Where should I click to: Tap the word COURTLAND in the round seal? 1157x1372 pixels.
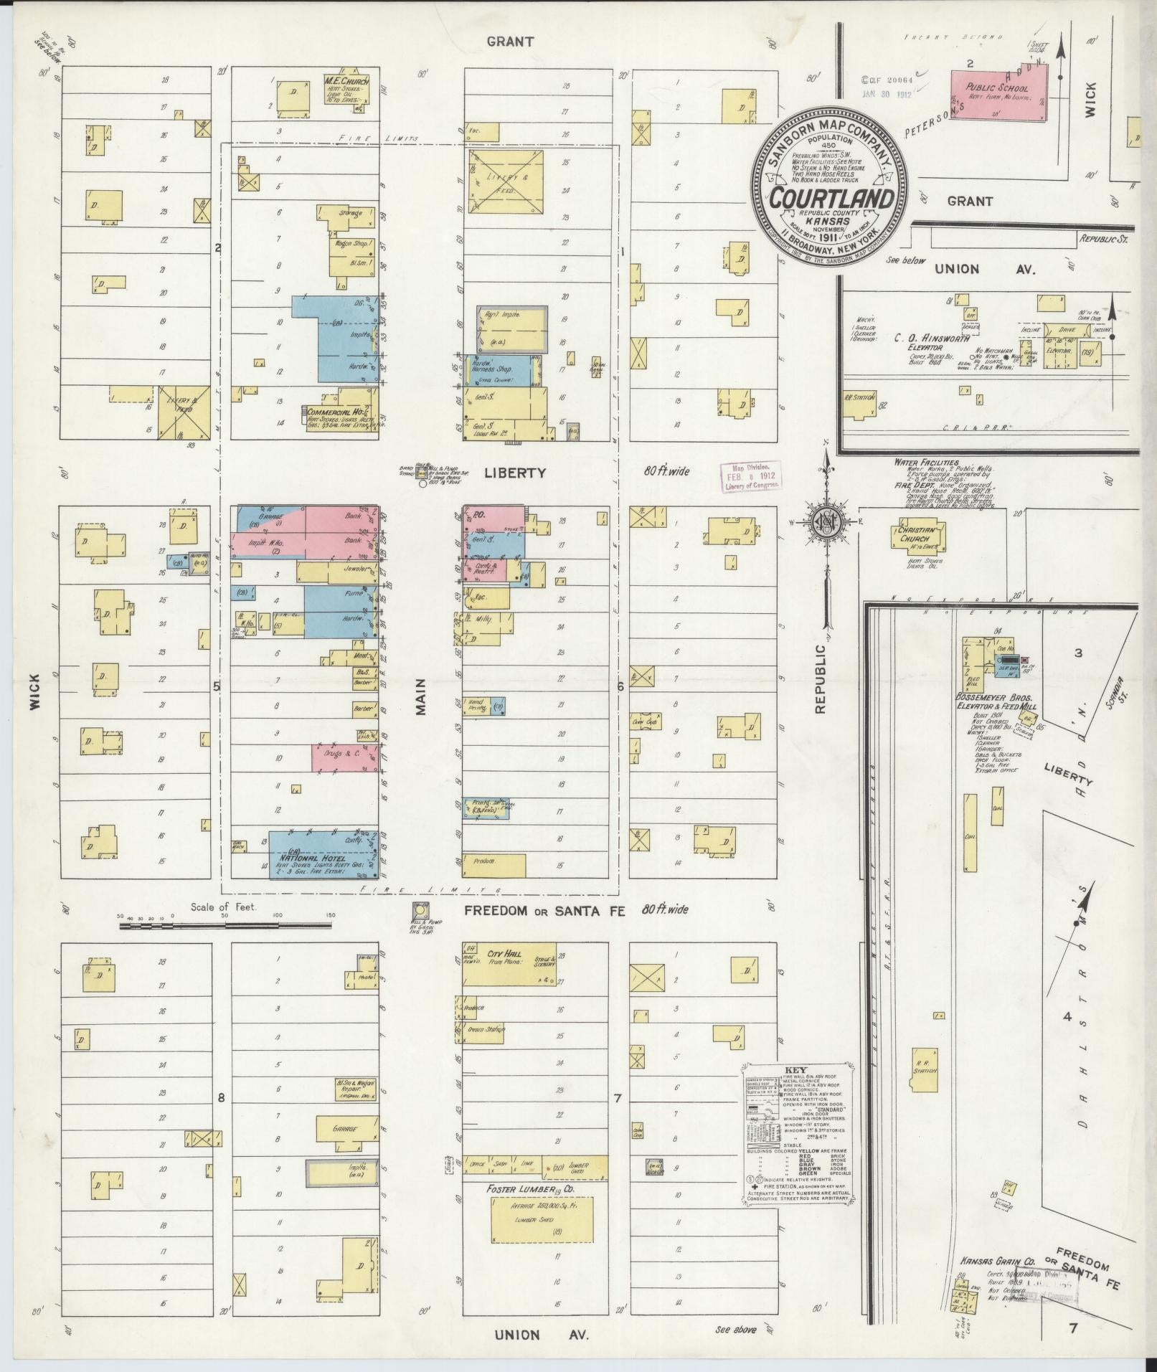click(832, 197)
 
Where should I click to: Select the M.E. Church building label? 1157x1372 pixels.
click(346, 82)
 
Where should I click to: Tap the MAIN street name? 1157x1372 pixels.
click(421, 697)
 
